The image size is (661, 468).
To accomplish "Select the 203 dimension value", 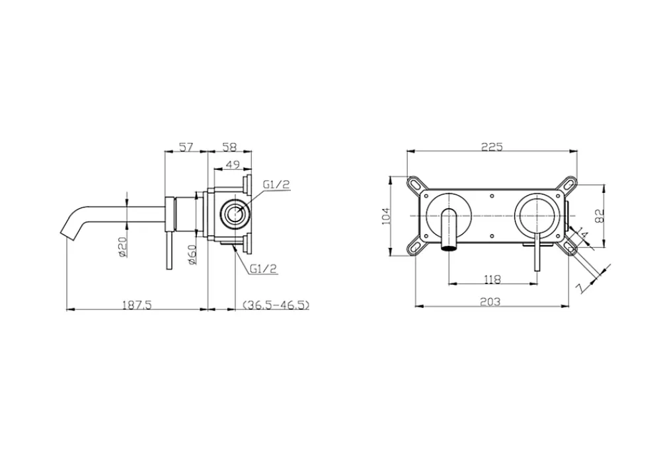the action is (x=490, y=302).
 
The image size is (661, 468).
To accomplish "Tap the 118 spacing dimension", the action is (x=492, y=279).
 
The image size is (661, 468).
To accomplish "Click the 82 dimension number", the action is (x=600, y=216).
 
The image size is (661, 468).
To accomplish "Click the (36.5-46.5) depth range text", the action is (x=276, y=305).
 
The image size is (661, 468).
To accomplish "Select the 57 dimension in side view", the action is (x=186, y=147).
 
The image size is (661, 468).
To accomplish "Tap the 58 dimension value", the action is (x=229, y=147).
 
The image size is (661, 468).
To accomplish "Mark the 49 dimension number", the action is (x=233, y=165).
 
